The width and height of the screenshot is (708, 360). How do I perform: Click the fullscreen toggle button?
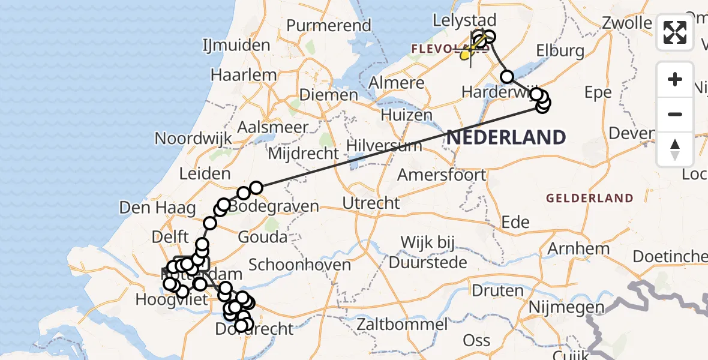pos(675,32)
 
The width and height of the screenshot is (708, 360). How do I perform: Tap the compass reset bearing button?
pos(675,149)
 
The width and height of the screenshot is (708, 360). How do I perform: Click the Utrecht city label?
pos(371,203)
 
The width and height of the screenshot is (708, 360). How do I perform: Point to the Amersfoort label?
pos(442,175)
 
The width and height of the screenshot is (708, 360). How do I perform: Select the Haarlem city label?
pos(244,76)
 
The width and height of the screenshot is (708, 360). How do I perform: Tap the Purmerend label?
pos(329,26)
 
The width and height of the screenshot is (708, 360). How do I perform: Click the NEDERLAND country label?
pos(506,137)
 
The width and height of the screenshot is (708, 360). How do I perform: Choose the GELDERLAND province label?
pos(589,198)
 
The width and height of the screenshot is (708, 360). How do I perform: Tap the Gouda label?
pos(262,237)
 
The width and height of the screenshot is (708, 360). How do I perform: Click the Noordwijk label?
pos(193,138)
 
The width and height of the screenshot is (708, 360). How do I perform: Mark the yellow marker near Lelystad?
pos(466,55)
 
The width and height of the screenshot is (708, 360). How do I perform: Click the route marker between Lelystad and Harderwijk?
pos(507,77)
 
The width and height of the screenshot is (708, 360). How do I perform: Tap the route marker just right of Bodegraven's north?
pos(256,188)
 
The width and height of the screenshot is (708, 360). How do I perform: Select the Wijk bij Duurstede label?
pos(428,253)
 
